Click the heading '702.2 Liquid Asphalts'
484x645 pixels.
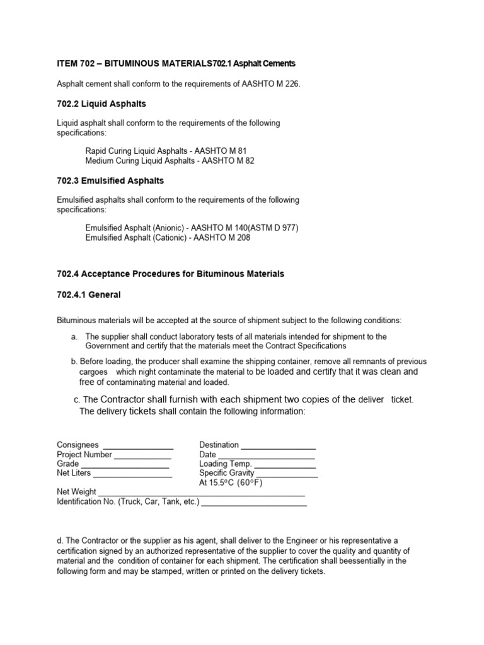coord(101,103)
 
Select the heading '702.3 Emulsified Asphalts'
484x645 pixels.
coord(110,181)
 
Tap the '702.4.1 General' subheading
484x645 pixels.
coord(88,294)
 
